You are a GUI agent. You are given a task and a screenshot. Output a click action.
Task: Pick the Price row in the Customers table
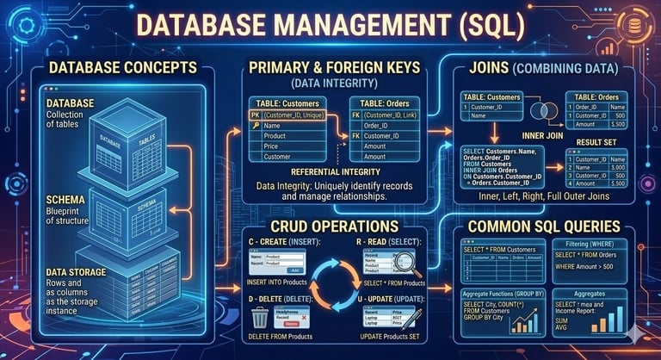click(275, 146)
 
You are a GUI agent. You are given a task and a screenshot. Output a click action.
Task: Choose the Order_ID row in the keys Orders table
click(386, 126)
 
